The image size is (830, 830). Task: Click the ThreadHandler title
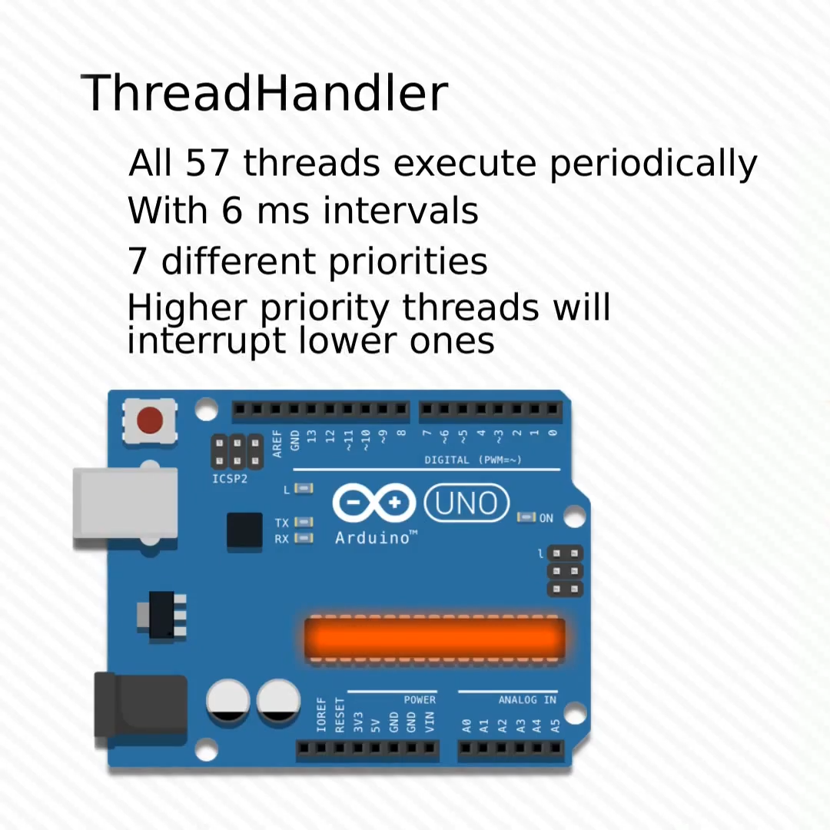(264, 93)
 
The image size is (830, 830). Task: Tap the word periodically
(654, 164)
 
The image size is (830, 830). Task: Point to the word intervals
(400, 211)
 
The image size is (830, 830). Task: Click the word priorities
(408, 262)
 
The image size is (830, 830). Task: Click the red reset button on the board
(150, 420)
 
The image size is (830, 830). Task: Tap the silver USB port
(125, 503)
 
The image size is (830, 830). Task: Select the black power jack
(141, 705)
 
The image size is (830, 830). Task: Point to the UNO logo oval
(466, 503)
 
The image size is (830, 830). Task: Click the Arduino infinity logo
(374, 503)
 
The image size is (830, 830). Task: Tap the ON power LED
(526, 516)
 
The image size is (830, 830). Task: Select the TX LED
(304, 522)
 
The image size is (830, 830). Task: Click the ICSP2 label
(230, 479)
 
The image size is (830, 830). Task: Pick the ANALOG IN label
(527, 700)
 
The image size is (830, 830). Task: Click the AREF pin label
(277, 443)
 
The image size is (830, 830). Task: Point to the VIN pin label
(430, 722)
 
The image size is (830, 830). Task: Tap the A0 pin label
(466, 725)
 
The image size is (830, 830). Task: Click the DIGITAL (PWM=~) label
(473, 460)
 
